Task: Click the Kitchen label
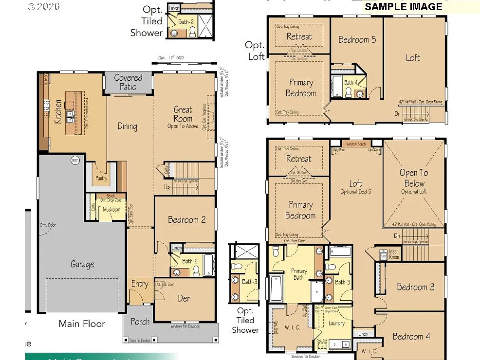point(58,111)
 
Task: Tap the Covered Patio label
point(128,82)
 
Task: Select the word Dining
point(127,126)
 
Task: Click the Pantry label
point(101,179)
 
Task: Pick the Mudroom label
point(111,210)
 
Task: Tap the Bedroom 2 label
point(186,220)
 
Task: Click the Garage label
point(82,264)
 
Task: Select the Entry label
point(140,284)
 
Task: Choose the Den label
point(184,298)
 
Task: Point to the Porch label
point(140,322)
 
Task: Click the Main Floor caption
point(82,324)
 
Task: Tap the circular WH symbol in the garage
point(75,160)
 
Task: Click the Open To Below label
point(414,178)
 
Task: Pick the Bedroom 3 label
point(415,287)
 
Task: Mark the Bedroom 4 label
point(411,336)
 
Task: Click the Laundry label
point(336,323)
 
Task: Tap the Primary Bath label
point(298,274)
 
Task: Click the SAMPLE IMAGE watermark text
point(404,6)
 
